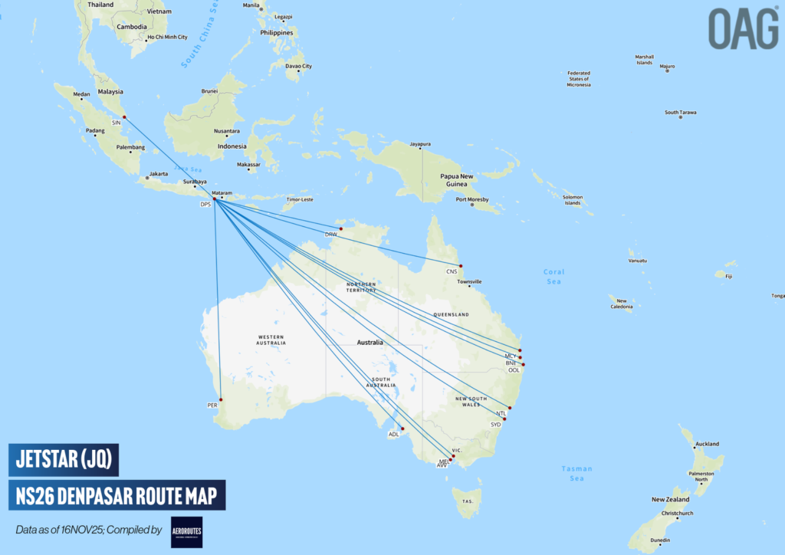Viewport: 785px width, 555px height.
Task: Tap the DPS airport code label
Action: click(205, 205)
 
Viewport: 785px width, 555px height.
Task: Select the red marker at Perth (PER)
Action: click(221, 399)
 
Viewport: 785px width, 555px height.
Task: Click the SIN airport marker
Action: click(124, 117)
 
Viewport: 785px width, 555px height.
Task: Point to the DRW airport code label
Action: click(330, 234)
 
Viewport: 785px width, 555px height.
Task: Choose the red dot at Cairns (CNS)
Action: click(460, 265)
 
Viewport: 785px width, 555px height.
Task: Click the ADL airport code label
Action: click(394, 434)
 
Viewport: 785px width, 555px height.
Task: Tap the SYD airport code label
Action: click(495, 424)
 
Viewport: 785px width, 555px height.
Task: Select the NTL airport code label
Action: click(501, 413)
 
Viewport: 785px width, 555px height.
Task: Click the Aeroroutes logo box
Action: click(186, 531)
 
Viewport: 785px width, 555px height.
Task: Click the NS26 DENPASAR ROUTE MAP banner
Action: click(117, 495)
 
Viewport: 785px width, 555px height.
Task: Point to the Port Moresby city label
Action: click(471, 200)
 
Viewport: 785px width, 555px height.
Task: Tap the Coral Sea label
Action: click(553, 277)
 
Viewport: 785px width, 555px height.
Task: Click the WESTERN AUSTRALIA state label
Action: click(271, 340)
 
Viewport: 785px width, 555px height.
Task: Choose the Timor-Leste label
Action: click(299, 199)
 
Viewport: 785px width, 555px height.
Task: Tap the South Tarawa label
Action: click(681, 113)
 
